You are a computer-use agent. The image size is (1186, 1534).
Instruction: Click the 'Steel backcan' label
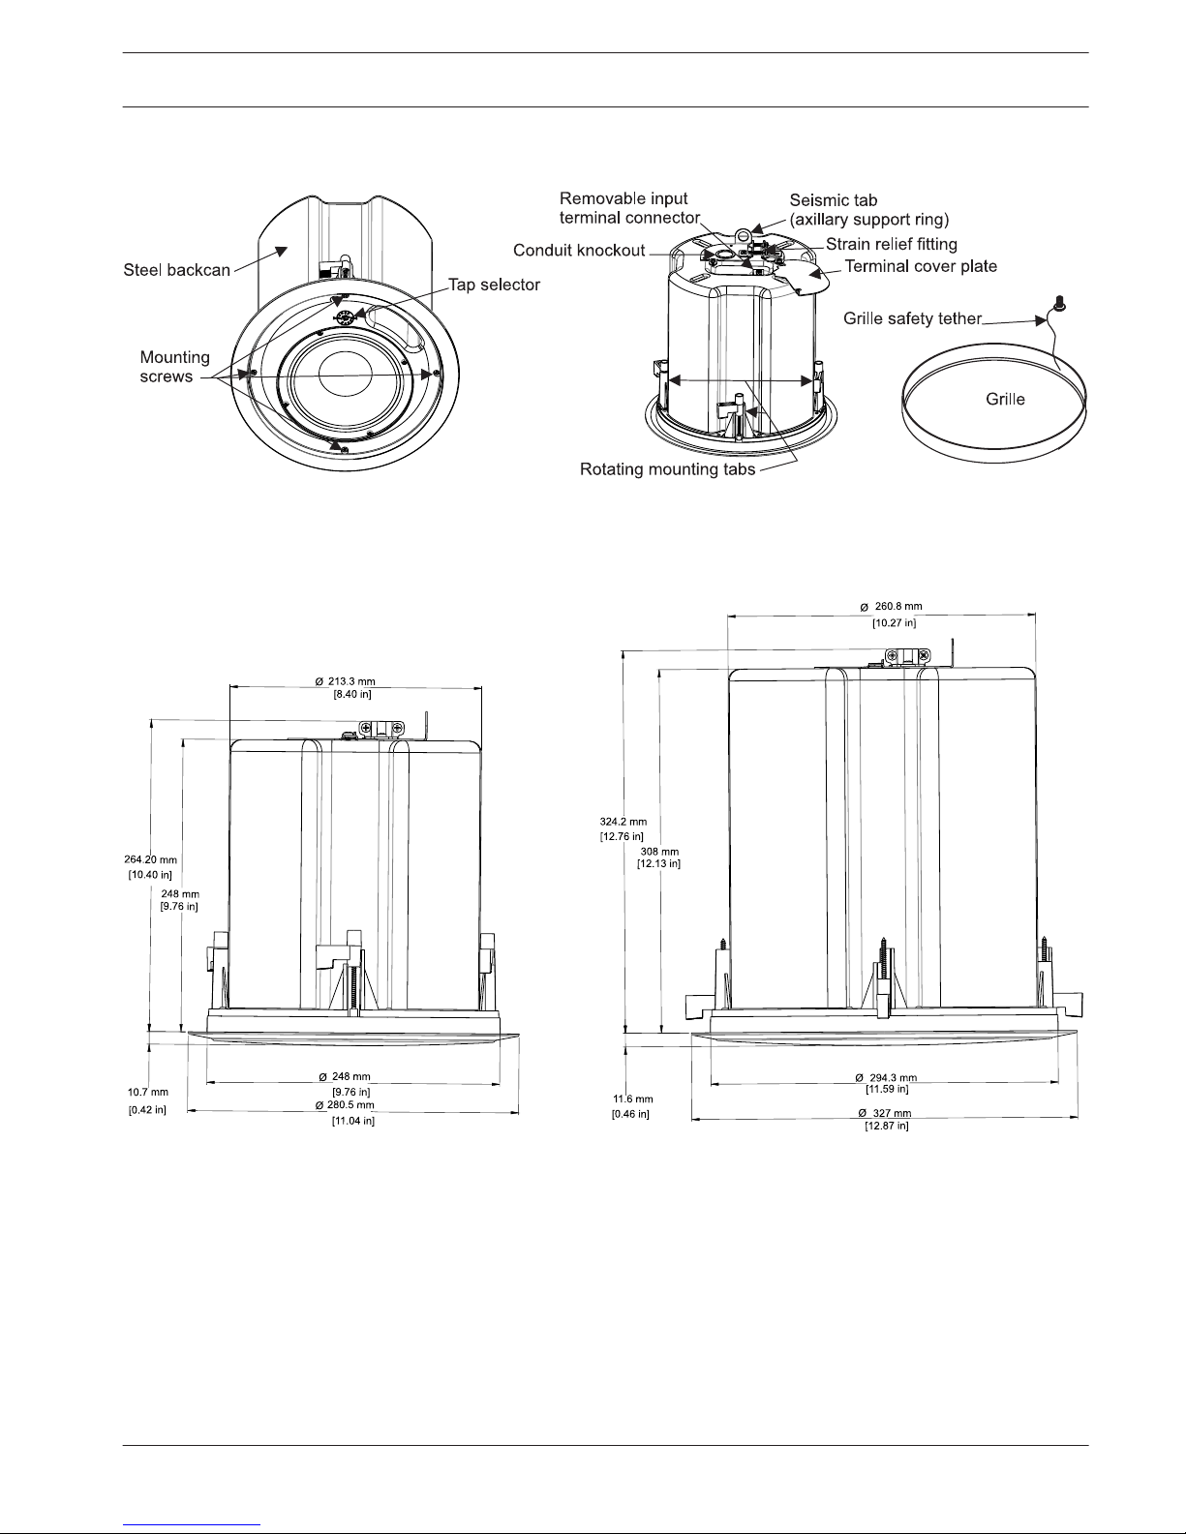(x=176, y=270)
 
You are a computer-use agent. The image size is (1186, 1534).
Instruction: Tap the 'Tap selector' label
(x=494, y=285)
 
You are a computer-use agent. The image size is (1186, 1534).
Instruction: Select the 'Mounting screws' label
(x=174, y=367)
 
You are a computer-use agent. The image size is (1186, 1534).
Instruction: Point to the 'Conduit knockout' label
(x=579, y=251)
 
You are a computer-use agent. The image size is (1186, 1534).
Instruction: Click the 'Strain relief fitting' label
(x=892, y=244)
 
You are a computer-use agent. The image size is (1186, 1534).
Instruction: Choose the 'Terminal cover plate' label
(x=921, y=266)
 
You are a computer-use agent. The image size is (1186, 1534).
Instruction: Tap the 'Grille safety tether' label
(x=912, y=319)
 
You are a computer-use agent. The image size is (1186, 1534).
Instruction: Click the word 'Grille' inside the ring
(x=1005, y=400)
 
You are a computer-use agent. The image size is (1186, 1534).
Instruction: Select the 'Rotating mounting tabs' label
(x=667, y=469)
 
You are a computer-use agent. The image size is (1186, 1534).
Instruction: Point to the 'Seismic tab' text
(x=833, y=200)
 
